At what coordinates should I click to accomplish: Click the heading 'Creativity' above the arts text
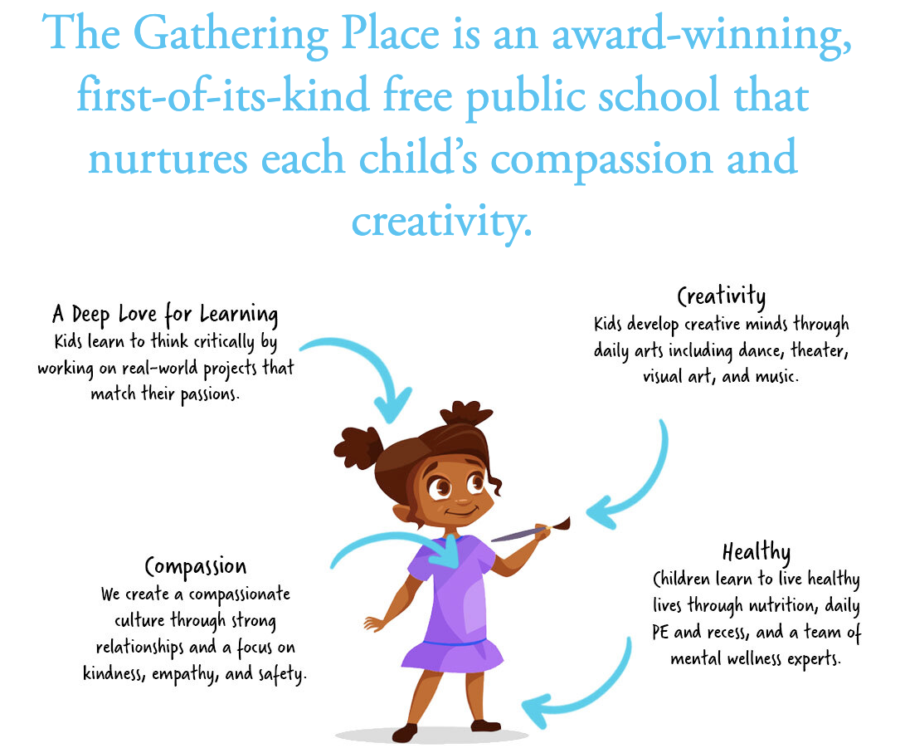[722, 297]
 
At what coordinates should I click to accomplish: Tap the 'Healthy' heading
[756, 552]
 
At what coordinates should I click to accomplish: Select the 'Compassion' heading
[196, 567]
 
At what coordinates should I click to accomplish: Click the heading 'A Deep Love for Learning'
[165, 315]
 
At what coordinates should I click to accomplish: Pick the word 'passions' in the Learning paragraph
[210, 395]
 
